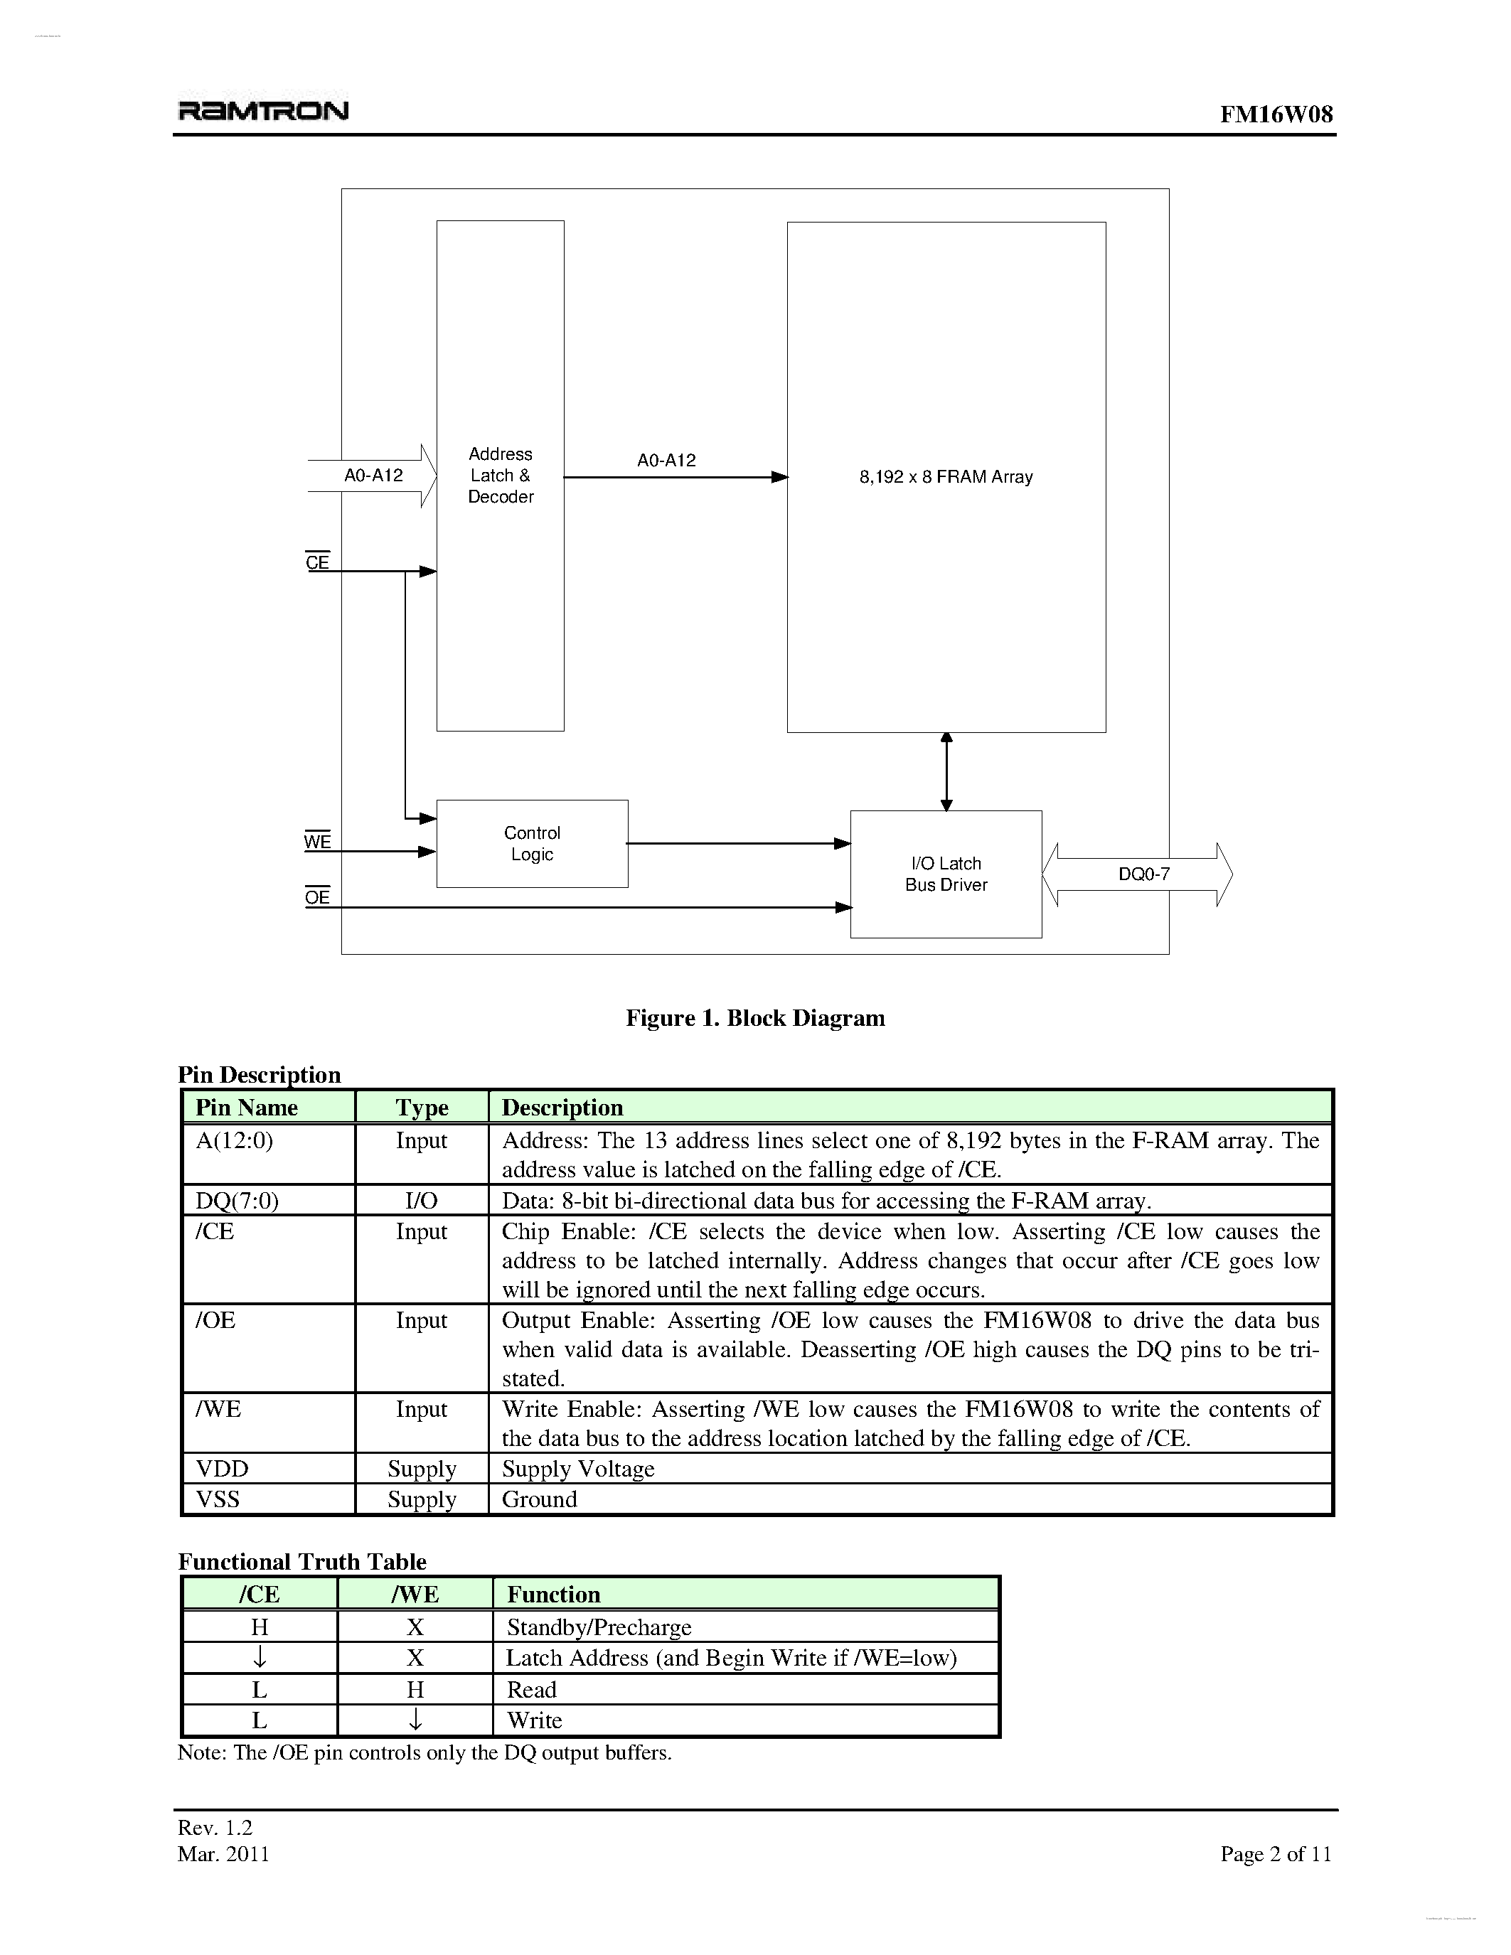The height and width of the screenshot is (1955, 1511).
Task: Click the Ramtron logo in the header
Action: [x=263, y=111]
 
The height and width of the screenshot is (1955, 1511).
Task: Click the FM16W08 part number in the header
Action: [x=1276, y=114]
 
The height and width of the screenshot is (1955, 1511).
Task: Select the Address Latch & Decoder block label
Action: [x=501, y=476]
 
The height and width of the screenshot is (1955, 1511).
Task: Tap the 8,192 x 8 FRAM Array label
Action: [x=946, y=477]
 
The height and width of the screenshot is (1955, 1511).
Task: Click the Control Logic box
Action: [x=532, y=843]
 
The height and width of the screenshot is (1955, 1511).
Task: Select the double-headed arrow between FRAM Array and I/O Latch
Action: [x=946, y=771]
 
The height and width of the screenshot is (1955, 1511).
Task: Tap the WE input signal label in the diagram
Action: [x=317, y=842]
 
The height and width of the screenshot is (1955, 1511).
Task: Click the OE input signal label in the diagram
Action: [x=317, y=897]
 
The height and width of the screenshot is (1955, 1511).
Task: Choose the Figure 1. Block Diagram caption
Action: [x=754, y=1018]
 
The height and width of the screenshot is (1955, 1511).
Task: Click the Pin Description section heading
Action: [x=260, y=1074]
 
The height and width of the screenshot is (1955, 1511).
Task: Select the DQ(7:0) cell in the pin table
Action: [x=237, y=1201]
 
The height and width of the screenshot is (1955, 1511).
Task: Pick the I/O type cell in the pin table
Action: [x=421, y=1201]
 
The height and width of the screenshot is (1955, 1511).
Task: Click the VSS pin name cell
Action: [x=218, y=1499]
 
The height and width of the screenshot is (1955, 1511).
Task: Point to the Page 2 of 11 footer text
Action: [x=1276, y=1854]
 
